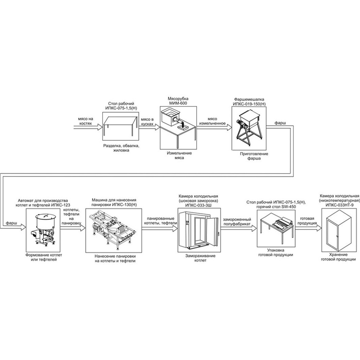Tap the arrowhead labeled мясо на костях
(99, 127)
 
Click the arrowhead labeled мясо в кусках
(157, 127)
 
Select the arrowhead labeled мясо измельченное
(229, 127)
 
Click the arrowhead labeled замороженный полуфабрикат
(254, 228)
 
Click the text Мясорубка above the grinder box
(178, 99)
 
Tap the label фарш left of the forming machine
(11, 223)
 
